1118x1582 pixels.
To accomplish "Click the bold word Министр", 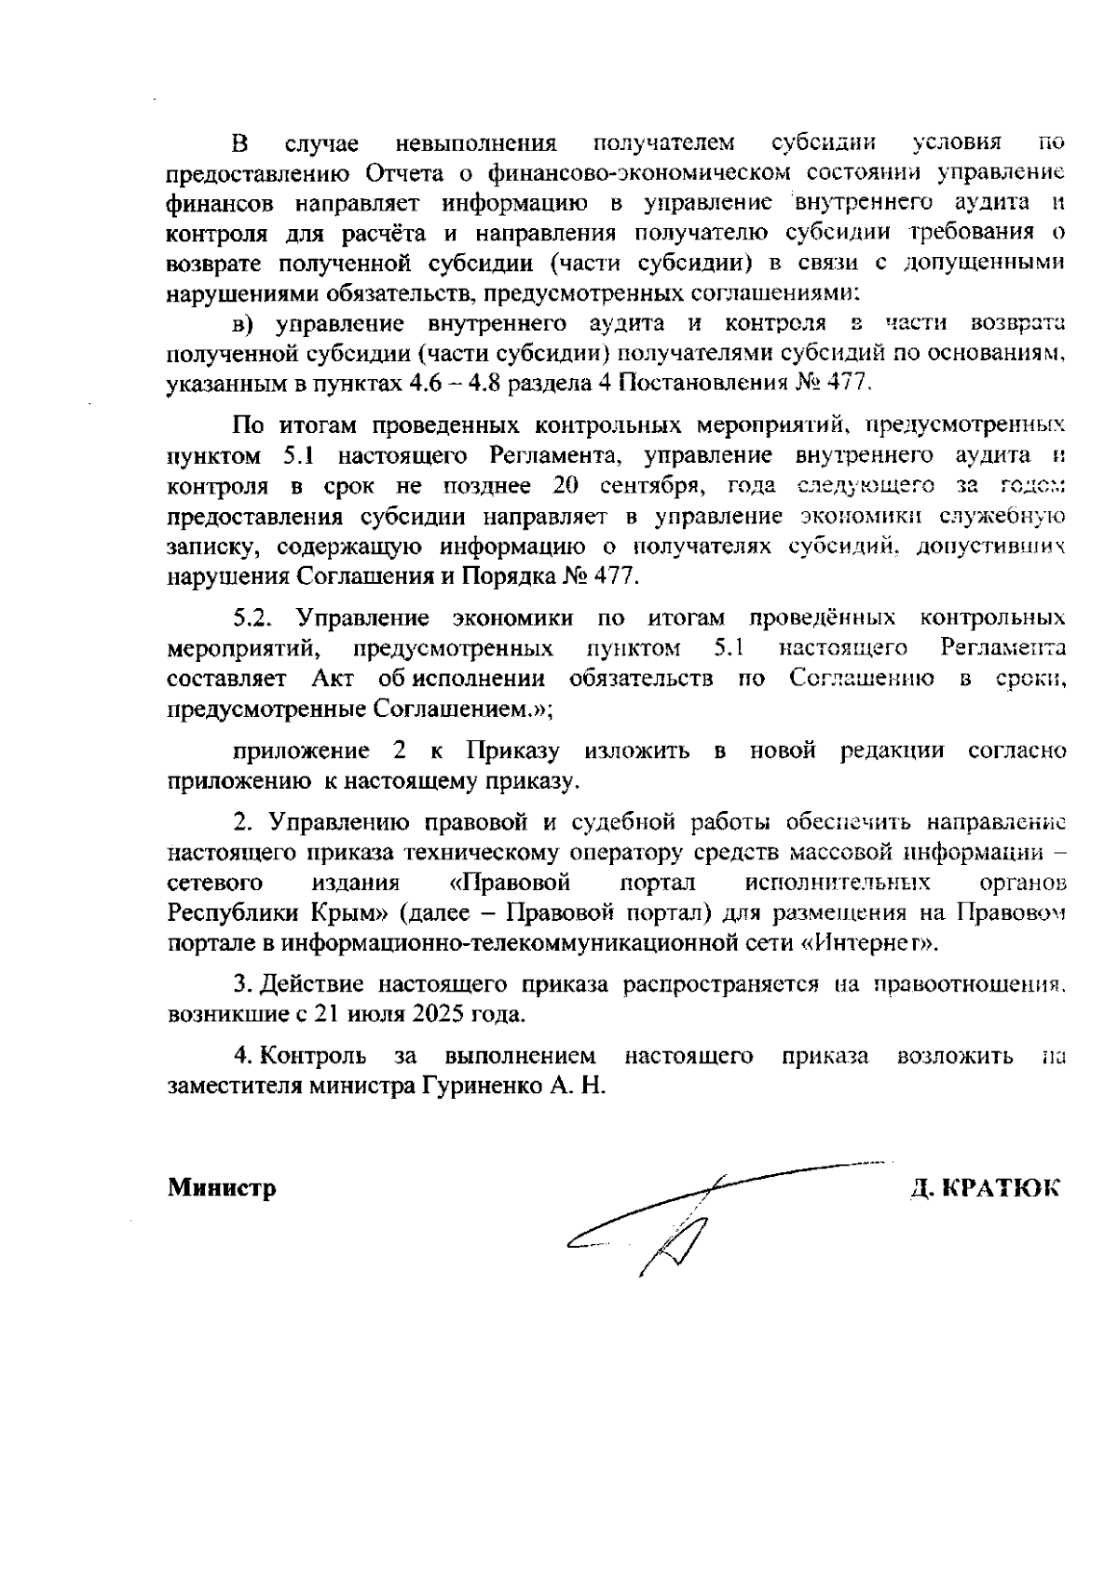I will click(222, 1188).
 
